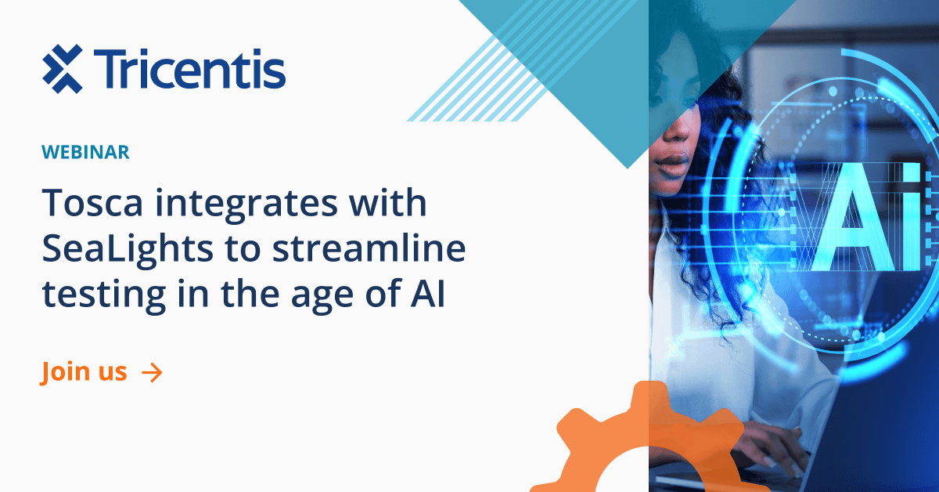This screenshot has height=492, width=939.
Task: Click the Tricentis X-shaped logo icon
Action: [x=62, y=68]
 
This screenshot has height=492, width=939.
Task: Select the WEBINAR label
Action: [x=85, y=153]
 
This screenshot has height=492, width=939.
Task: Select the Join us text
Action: [x=84, y=372]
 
